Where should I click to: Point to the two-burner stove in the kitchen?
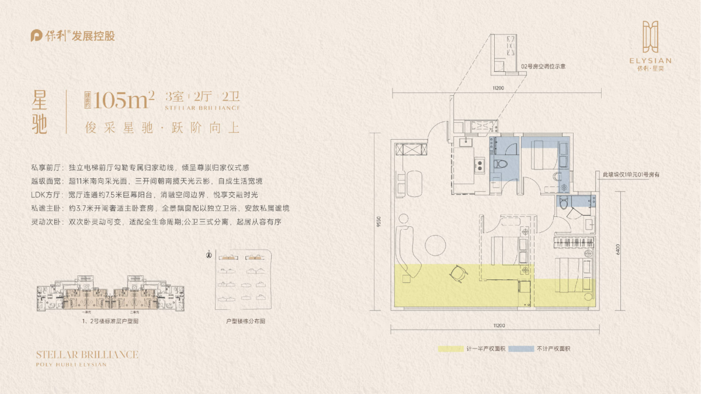(480, 165)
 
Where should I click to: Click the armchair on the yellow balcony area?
(457, 273)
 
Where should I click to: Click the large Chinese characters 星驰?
(39, 113)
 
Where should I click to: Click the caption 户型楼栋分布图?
(245, 322)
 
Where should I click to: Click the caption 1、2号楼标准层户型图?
(110, 322)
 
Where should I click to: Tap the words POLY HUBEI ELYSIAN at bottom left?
(71, 364)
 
